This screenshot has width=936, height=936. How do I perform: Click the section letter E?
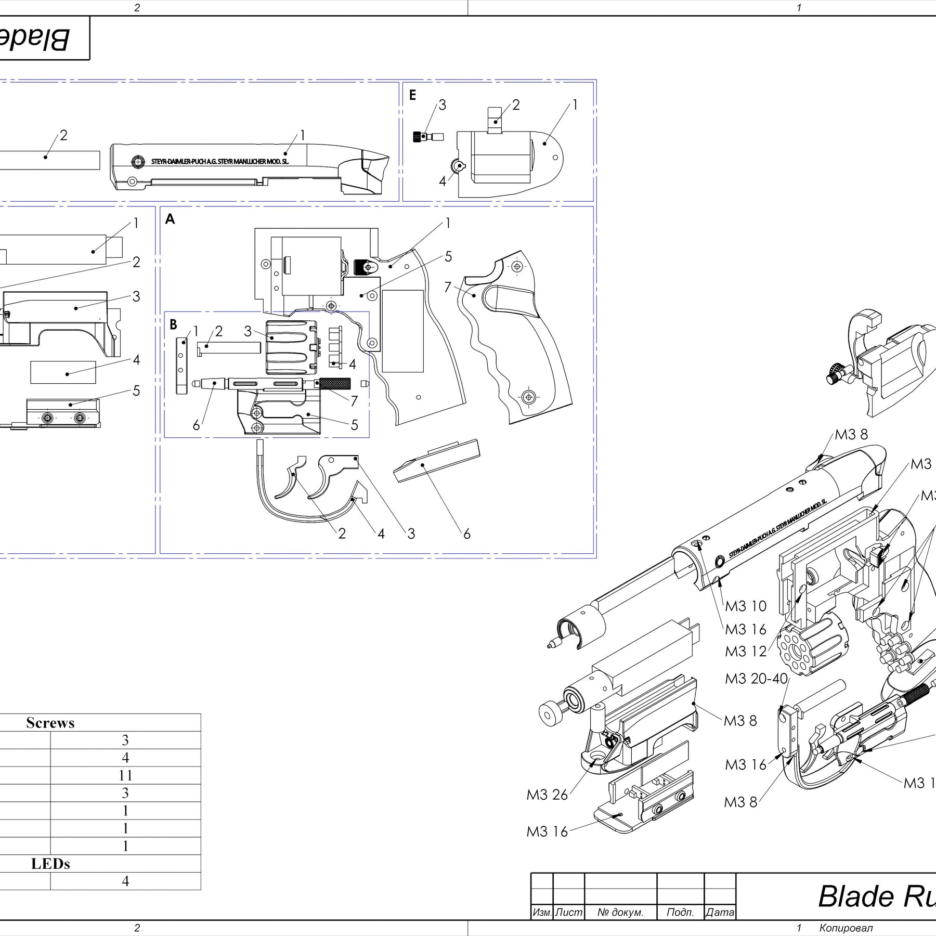pos(412,95)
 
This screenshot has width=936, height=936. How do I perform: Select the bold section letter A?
pos(170,219)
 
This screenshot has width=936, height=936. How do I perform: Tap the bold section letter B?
pos(173,324)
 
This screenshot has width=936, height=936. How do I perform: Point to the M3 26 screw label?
pos(547,795)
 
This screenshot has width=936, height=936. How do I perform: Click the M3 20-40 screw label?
pos(757,679)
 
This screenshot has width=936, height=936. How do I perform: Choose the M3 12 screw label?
pos(746,652)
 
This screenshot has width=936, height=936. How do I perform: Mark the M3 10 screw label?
pos(746,606)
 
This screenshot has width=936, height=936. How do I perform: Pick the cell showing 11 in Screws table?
pos(125,775)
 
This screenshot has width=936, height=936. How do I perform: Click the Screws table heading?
pos(50,723)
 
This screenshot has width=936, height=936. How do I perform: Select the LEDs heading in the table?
pos(50,864)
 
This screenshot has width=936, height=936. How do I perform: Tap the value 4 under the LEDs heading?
pos(125,881)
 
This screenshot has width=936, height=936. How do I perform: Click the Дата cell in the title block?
pos(720,912)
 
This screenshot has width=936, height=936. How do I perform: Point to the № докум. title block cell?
pos(620,912)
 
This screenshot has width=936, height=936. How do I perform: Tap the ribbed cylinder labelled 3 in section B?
pos(291,346)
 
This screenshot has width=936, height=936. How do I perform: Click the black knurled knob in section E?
pos(417,137)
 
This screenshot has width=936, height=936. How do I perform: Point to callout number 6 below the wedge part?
pos(466,534)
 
